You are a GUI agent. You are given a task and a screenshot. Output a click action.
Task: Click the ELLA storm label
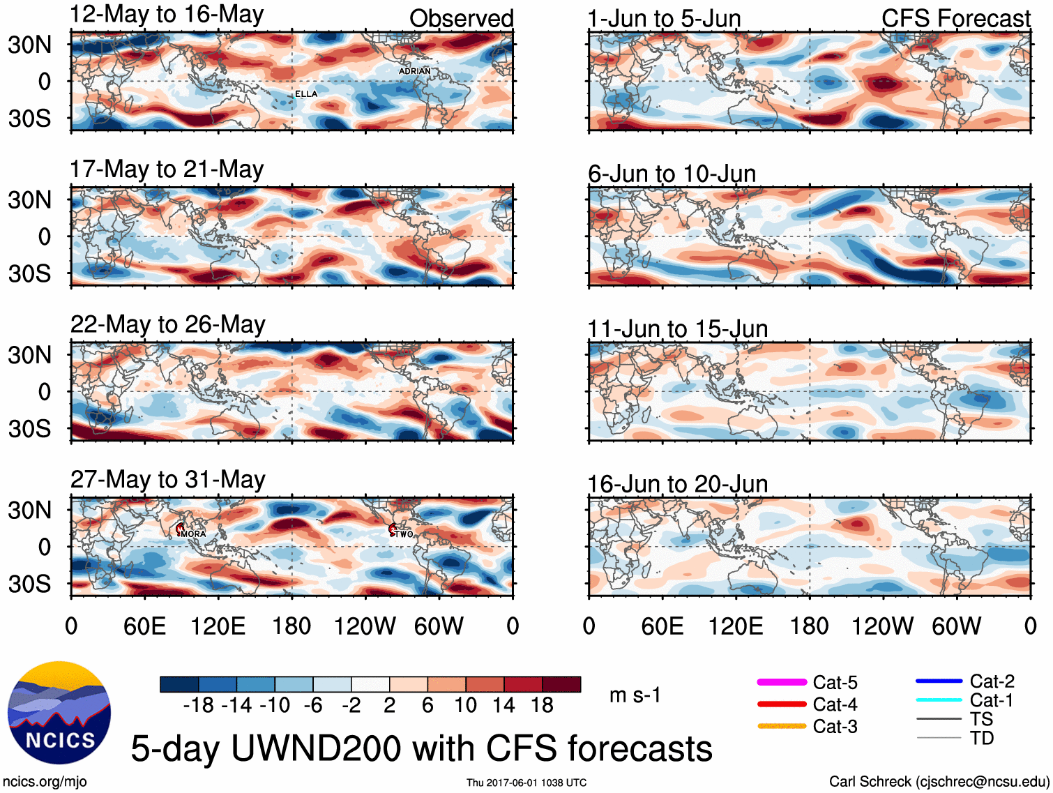(x=306, y=94)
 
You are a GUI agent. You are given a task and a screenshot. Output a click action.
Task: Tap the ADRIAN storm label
(x=414, y=71)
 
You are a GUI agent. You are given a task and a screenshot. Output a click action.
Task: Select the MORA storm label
(x=193, y=534)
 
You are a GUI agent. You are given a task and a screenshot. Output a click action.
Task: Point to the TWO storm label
(x=404, y=534)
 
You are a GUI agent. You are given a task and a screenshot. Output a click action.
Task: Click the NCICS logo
(x=59, y=711)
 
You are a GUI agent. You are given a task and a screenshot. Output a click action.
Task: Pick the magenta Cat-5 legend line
(x=782, y=682)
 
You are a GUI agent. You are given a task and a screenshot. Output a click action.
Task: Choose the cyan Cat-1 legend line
(x=939, y=700)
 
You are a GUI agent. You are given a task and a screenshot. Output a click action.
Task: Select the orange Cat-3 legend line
(x=782, y=726)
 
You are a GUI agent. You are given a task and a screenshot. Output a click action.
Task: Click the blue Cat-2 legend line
(x=939, y=681)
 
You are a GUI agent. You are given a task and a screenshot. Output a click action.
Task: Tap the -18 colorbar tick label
(x=198, y=705)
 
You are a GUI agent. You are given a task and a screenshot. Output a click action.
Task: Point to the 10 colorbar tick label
(x=465, y=705)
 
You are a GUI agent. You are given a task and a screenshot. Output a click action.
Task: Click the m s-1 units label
(x=635, y=695)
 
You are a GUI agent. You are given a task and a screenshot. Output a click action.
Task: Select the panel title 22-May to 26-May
(x=168, y=324)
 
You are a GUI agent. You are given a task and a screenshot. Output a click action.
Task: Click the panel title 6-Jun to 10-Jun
(x=672, y=173)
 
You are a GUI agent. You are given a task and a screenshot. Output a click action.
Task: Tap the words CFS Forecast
(x=955, y=19)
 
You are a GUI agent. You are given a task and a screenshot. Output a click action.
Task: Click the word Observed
(x=461, y=19)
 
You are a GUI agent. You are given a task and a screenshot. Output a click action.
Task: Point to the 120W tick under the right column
(x=882, y=626)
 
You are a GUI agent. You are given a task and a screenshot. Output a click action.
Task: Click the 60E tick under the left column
(x=144, y=626)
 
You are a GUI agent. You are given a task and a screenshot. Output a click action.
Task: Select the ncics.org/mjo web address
(x=45, y=781)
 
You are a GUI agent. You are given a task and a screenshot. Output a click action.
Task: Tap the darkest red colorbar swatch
(x=561, y=684)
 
